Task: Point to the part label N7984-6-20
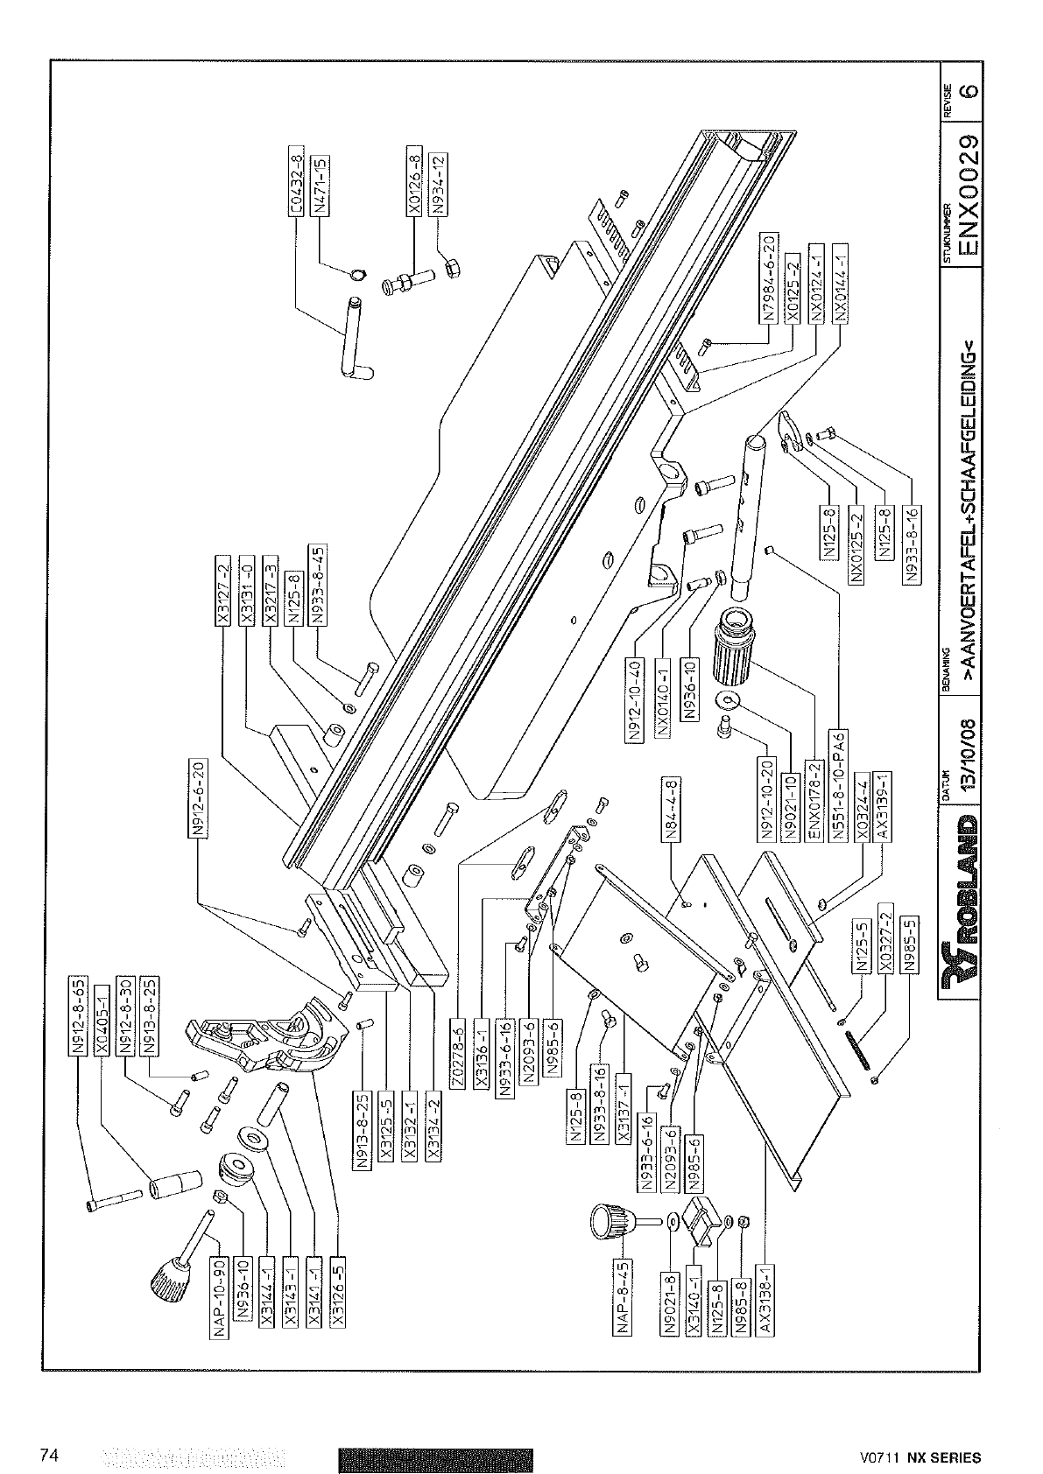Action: click(767, 279)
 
